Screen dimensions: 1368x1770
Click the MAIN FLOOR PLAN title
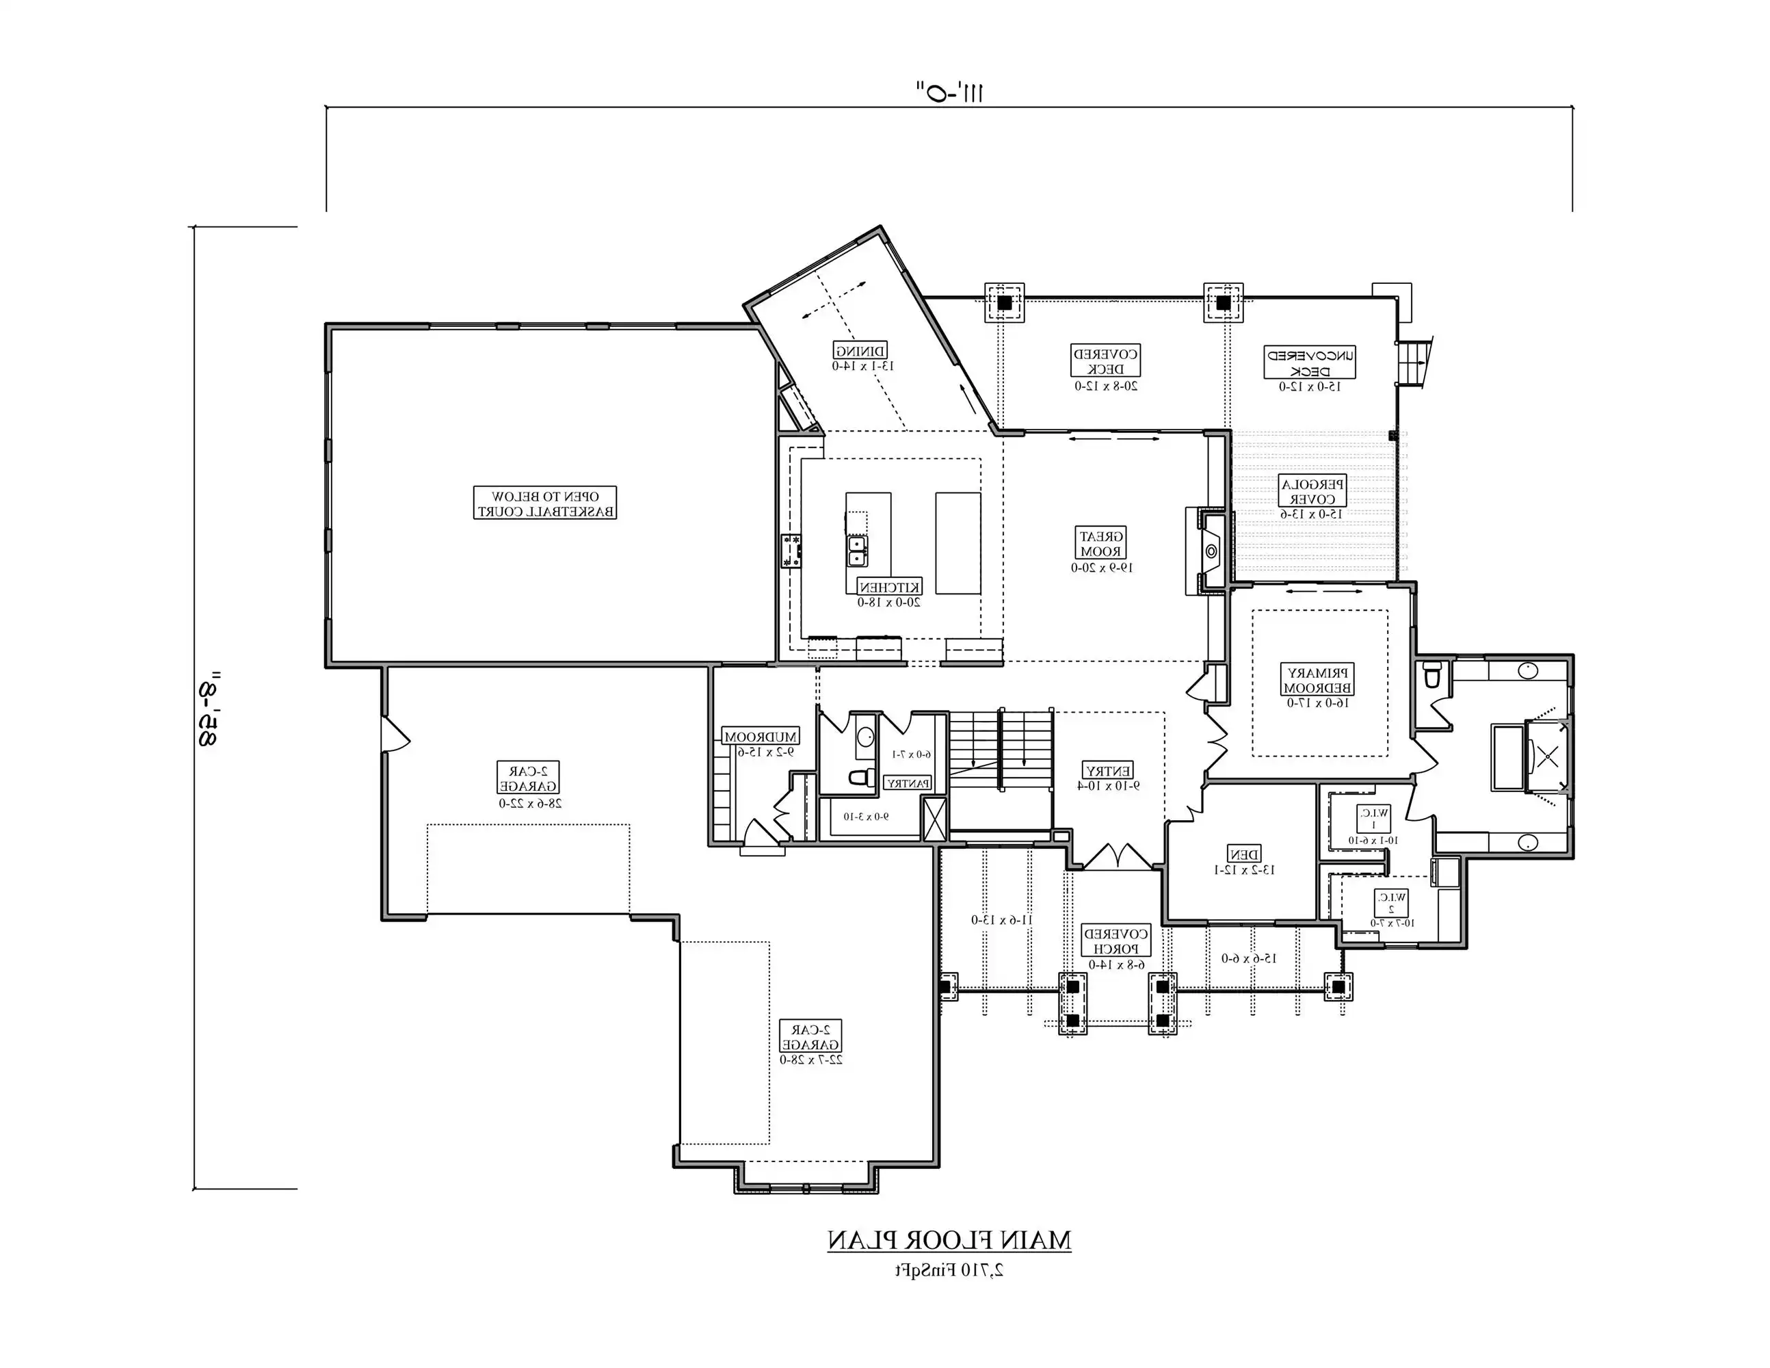pyautogui.click(x=949, y=1240)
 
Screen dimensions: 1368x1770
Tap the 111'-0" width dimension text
pyautogui.click(x=949, y=91)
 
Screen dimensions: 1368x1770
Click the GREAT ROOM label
pyautogui.click(x=1102, y=544)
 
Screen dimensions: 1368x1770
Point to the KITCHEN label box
pyautogui.click(x=889, y=587)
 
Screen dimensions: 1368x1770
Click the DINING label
pyautogui.click(x=860, y=350)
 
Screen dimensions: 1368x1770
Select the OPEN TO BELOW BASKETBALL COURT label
pyautogui.click(x=544, y=503)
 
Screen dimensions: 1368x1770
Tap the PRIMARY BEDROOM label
pyautogui.click(x=1318, y=680)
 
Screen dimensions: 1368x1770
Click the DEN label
pyautogui.click(x=1244, y=854)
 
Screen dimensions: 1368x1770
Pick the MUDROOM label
pyautogui.click(x=761, y=737)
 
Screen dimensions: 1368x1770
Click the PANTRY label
pyautogui.click(x=908, y=783)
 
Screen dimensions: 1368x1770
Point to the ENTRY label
pyautogui.click(x=1108, y=770)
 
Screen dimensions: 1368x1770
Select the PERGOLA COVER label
pyautogui.click(x=1313, y=491)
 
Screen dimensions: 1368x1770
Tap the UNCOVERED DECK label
pyautogui.click(x=1310, y=363)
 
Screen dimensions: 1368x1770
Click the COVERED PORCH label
pyautogui.click(x=1116, y=941)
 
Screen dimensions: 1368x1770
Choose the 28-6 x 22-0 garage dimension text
pyautogui.click(x=530, y=803)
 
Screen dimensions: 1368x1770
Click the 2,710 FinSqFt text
pyautogui.click(x=949, y=1270)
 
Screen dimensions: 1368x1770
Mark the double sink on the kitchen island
pyautogui.click(x=857, y=551)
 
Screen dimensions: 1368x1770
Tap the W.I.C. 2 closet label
pyautogui.click(x=1390, y=902)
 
